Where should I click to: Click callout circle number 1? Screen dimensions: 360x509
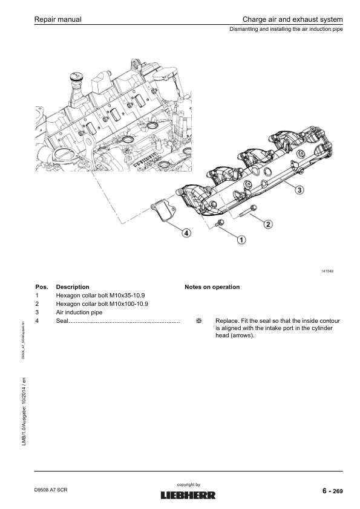point(241,240)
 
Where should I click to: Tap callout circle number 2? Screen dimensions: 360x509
point(267,224)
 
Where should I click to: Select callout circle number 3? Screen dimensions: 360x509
point(299,190)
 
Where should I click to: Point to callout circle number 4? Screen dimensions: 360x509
point(186,233)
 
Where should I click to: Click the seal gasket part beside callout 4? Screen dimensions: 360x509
point(163,211)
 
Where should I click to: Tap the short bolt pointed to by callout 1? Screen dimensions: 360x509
point(220,223)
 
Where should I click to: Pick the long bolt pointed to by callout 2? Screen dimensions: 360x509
point(248,210)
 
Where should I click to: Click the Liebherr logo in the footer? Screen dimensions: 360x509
point(188,495)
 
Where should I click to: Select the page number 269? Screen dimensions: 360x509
point(338,491)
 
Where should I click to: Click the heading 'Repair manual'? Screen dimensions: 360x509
point(58,19)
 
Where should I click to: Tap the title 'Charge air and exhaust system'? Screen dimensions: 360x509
point(292,19)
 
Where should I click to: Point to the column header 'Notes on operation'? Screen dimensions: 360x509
point(212,287)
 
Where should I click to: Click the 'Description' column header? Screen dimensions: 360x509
point(73,287)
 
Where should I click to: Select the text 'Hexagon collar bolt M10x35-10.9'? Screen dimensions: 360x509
point(100,296)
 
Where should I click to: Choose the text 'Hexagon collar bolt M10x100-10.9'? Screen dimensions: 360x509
point(102,304)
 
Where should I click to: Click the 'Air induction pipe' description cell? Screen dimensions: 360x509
point(79,313)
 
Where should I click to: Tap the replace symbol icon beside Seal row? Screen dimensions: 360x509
point(199,321)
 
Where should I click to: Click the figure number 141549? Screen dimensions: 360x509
point(327,271)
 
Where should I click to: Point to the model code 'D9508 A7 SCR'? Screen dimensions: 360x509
point(51,490)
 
